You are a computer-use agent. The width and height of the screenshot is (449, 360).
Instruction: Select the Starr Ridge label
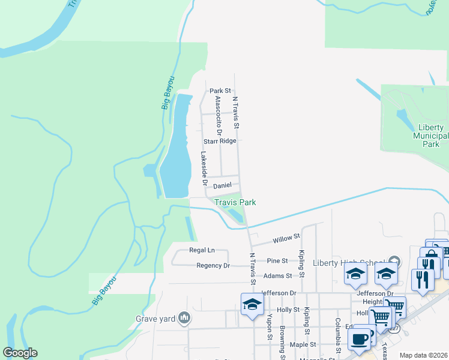click(219, 141)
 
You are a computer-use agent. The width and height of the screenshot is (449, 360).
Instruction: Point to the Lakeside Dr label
click(204, 169)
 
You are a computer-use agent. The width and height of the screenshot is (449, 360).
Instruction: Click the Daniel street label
click(222, 186)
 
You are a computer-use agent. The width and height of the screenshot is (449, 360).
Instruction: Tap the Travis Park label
click(235, 202)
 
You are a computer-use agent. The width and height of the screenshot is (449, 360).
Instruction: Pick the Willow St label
click(286, 239)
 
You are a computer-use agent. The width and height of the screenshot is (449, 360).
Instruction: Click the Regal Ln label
click(202, 250)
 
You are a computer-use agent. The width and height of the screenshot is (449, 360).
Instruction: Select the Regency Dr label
click(213, 265)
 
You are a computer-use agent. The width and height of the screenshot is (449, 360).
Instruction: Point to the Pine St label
click(278, 260)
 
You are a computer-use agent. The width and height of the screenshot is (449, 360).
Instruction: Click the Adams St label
click(280, 276)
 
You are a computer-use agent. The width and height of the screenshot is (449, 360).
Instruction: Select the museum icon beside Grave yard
click(185, 317)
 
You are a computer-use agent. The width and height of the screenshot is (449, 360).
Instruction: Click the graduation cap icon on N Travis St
click(252, 304)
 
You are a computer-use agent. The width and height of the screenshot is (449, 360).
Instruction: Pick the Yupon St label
click(270, 327)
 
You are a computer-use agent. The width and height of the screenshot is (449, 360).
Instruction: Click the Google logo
click(20, 353)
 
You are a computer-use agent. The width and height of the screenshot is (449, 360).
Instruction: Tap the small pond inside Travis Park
click(237, 215)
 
